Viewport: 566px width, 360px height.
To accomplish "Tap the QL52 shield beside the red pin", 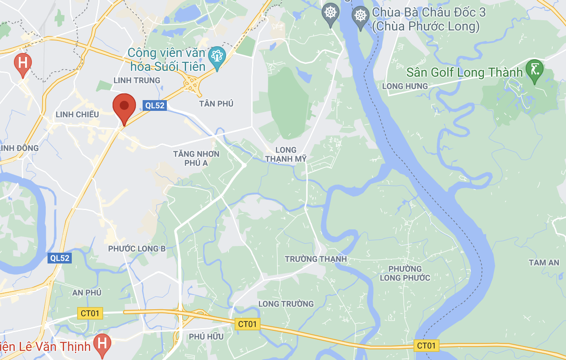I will coord(155,105).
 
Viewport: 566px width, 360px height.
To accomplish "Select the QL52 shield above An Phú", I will coord(60,258).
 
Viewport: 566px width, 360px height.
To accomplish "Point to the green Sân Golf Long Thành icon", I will coord(535,70).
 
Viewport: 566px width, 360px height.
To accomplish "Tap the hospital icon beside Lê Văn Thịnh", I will coord(102,345).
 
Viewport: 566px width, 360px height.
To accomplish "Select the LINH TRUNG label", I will coord(137,80).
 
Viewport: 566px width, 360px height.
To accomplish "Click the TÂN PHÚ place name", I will coord(216,104).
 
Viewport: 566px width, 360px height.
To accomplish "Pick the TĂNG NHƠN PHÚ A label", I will coord(196,158).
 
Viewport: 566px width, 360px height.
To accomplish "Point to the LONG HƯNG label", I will coord(405,86).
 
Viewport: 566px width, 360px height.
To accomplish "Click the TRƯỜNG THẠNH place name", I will coord(316,259).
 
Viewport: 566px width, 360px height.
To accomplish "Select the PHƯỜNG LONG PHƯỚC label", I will coord(405,273).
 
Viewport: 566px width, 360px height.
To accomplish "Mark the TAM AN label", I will coord(544,263).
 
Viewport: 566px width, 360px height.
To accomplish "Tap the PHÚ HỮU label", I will coord(206,336).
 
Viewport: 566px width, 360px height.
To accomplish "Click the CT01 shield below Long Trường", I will coord(248,324).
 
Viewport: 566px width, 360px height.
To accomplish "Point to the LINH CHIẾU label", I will coord(77,114).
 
